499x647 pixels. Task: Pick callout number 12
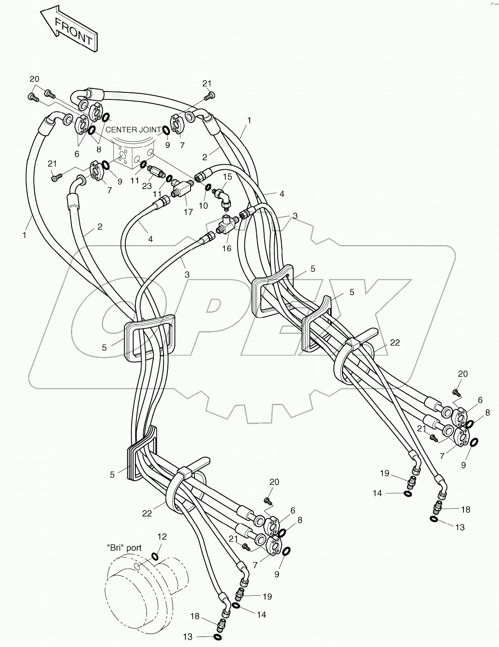point(163,537)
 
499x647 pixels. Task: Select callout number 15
point(227,176)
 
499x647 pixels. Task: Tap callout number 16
point(227,248)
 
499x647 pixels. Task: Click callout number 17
point(188,212)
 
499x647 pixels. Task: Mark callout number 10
point(203,205)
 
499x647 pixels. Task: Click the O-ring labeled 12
point(155,557)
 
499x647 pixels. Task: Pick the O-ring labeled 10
point(208,187)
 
